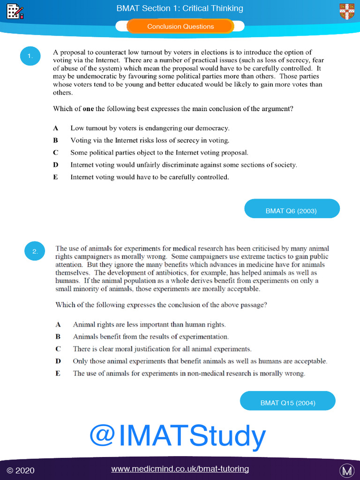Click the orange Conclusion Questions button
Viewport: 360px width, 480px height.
[x=180, y=27]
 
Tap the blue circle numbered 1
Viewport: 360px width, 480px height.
[x=30, y=57]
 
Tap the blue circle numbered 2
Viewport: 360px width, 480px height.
[x=35, y=252]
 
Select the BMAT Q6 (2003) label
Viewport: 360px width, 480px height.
[x=291, y=211]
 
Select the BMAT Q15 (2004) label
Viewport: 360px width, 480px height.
[x=287, y=403]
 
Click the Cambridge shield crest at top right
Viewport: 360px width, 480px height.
[x=346, y=11]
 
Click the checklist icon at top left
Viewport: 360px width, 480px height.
[x=15, y=11]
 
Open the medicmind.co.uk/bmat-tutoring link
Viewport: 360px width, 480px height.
[x=180, y=469]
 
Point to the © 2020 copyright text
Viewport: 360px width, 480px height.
[x=21, y=470]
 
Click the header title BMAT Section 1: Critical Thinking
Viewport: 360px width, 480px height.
[x=180, y=8]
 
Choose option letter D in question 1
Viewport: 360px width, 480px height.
[x=56, y=165]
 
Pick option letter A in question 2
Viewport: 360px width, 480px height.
[x=58, y=324]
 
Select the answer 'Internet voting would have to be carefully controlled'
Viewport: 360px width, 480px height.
[x=150, y=177]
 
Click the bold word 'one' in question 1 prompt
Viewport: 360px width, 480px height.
[x=88, y=109]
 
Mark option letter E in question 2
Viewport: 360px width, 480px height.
[x=58, y=374]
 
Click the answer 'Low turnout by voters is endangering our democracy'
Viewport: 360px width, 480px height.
[x=150, y=128]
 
